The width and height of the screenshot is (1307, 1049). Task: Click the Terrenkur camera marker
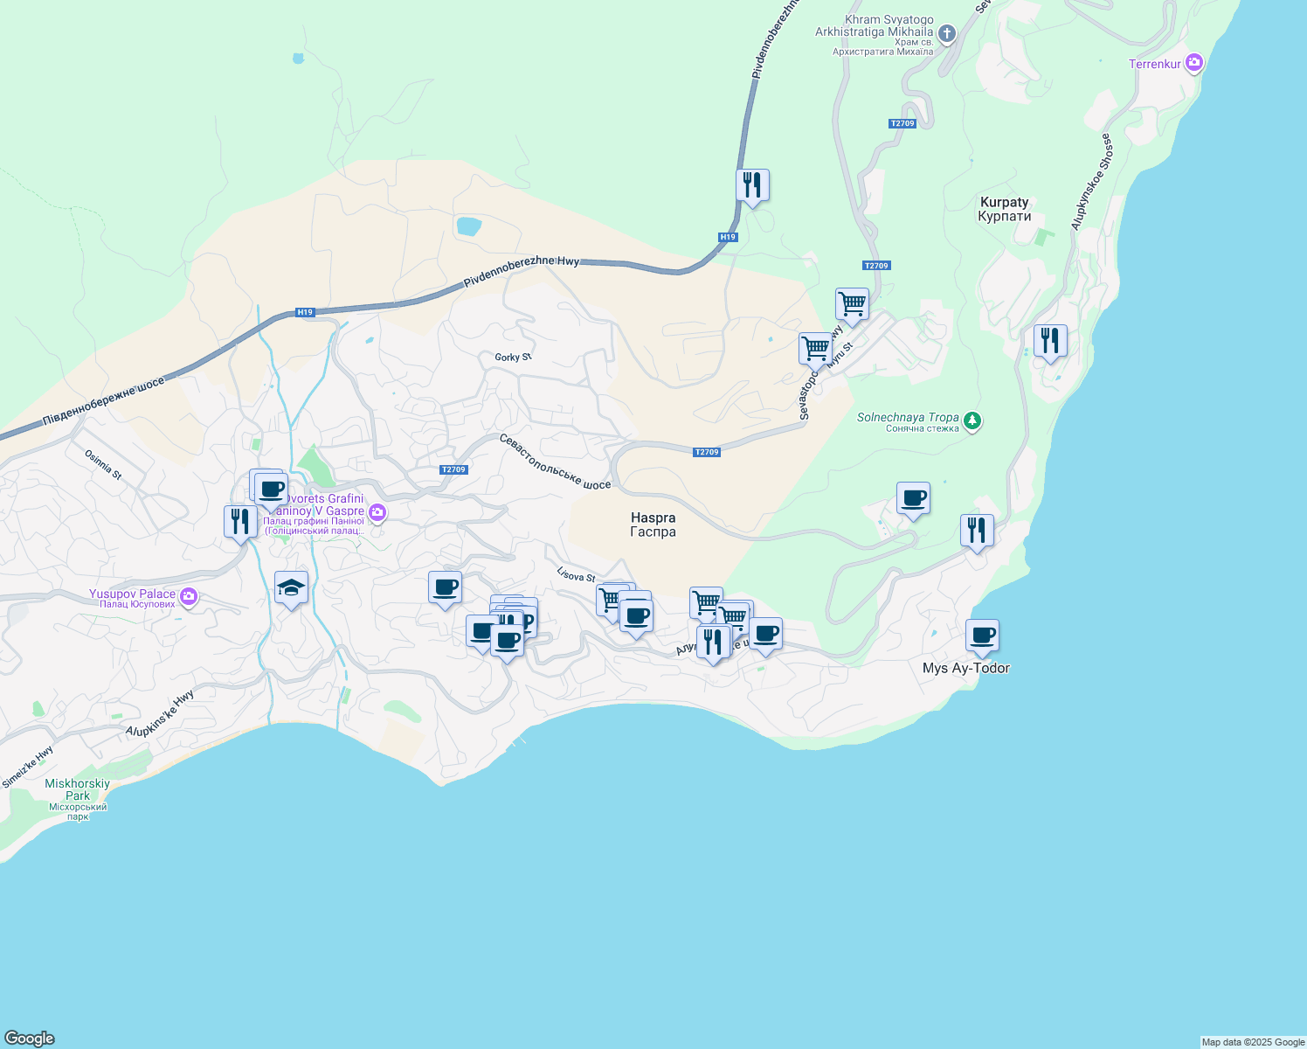pos(1194,63)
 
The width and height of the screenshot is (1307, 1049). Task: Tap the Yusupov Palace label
pos(132,594)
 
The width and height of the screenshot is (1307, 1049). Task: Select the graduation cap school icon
pos(291,587)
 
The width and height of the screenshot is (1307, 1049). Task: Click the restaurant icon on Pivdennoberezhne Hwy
pos(752,185)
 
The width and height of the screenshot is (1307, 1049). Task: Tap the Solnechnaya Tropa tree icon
pos(972,422)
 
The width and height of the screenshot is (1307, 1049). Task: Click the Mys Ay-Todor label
pos(965,668)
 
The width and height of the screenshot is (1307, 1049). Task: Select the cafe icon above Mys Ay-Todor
pos(982,636)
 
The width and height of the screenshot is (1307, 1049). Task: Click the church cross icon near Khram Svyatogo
pos(947,34)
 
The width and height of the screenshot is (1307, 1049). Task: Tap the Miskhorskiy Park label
pos(78,789)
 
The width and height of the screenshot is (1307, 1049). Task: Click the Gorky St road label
pos(513,358)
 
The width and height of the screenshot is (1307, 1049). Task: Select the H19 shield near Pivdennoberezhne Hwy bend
pos(728,237)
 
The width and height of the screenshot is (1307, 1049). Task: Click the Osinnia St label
pos(103,464)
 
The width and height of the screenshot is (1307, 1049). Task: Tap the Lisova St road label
pos(576,574)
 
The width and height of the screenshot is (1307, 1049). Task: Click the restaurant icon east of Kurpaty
pos(1049,341)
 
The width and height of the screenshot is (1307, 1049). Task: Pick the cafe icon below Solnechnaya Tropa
pos(913,498)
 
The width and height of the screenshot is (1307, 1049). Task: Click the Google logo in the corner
pos(30,1039)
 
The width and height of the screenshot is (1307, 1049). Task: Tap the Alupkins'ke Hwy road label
pos(160,713)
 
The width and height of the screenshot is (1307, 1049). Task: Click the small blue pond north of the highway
pos(468,226)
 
